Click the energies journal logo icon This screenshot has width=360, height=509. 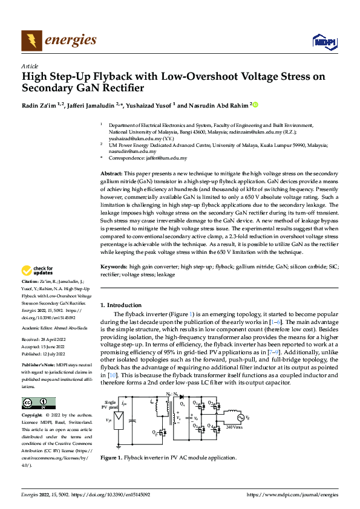pos(31,41)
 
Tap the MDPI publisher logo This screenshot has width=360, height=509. pos(324,42)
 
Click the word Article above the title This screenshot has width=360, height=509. pos(30,66)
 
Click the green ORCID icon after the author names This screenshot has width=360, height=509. pos(255,105)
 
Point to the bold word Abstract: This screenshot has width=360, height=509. pos(111,173)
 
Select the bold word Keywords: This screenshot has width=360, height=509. pos(114,266)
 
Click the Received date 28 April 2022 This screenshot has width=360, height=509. pos(44,340)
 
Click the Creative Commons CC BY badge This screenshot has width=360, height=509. pos(38,403)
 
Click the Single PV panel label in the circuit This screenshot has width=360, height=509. pos(110,404)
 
